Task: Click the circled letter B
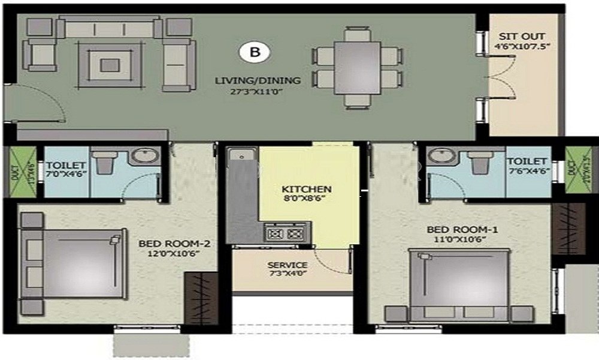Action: (x=255, y=52)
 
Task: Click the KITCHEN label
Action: (x=307, y=189)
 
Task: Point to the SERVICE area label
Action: (x=288, y=265)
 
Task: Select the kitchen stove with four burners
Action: (x=287, y=232)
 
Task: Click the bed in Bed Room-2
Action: (x=73, y=264)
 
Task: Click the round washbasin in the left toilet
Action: (x=145, y=157)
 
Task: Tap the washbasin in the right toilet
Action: (x=442, y=157)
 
